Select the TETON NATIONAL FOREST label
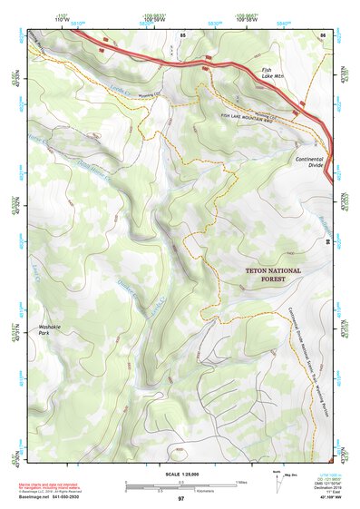(266, 275)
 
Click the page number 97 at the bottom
(180, 498)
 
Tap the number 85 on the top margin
(182, 34)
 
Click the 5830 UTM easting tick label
(214, 23)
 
